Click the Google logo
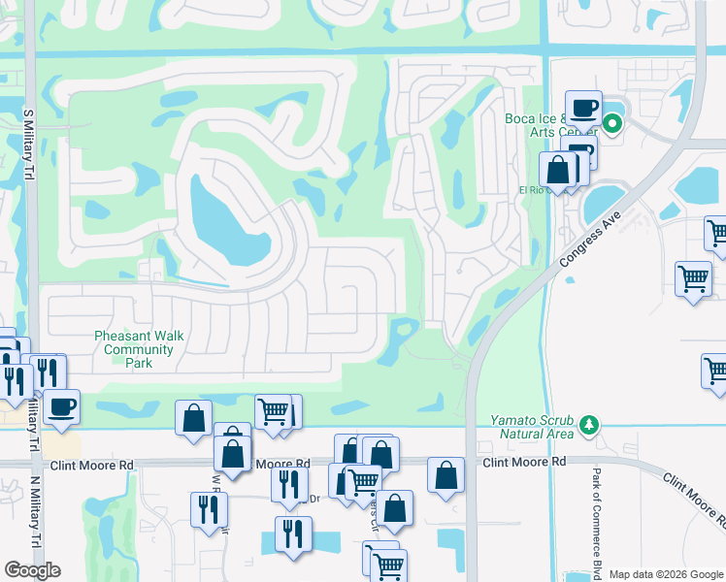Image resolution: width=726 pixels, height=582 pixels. [33, 570]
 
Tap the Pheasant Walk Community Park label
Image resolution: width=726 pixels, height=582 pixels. [133, 350]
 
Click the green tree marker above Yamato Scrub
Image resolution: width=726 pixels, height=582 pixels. [587, 424]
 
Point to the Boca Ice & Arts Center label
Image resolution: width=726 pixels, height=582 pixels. [544, 125]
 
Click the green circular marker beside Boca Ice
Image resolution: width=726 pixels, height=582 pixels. [612, 123]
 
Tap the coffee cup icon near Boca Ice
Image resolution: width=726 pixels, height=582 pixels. [583, 107]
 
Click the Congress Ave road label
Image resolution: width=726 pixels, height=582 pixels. [590, 239]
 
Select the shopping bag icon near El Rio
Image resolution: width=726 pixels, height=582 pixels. [559, 170]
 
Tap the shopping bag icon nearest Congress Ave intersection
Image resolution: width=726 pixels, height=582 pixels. [445, 474]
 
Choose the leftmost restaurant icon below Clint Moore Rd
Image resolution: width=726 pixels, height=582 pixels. [209, 508]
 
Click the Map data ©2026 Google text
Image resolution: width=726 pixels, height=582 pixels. [666, 574]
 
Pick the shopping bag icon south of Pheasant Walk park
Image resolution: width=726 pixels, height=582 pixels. [194, 417]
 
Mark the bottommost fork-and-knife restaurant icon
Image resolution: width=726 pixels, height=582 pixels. [292, 533]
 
